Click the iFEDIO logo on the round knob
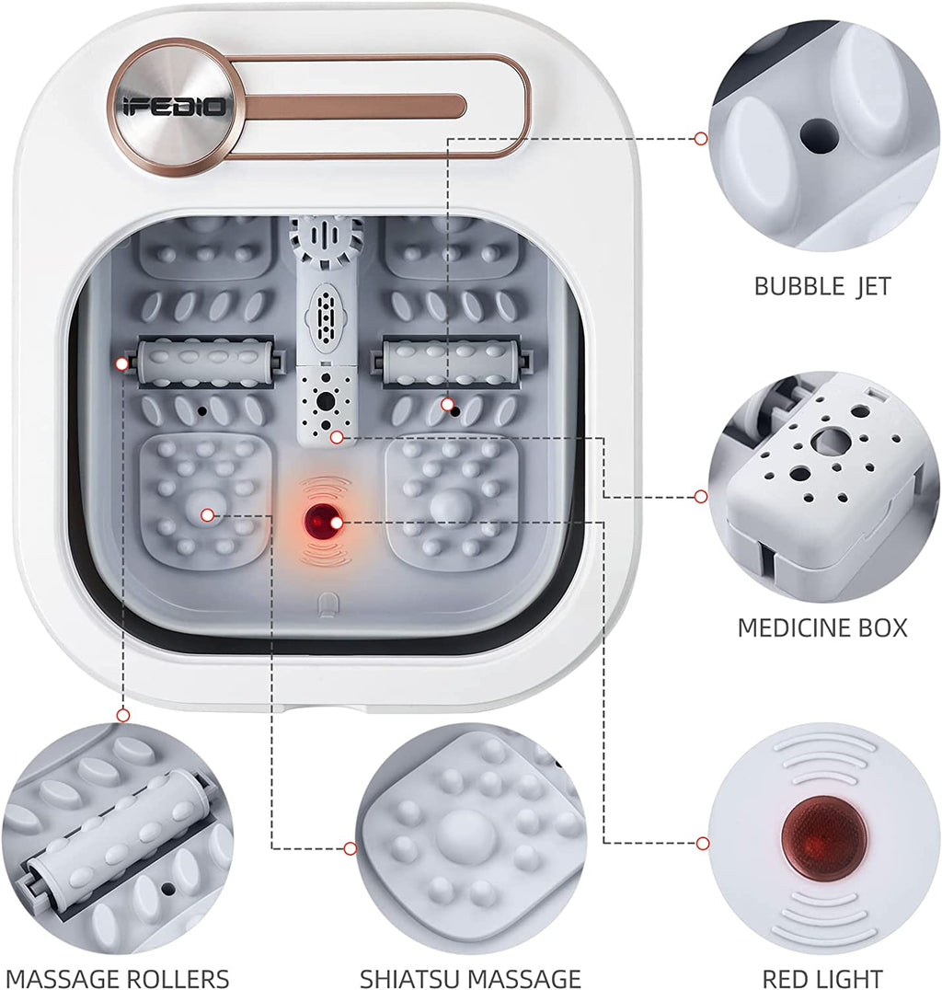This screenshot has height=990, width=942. [174, 106]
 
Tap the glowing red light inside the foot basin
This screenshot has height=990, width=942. [320, 522]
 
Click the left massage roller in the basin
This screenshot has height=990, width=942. [204, 363]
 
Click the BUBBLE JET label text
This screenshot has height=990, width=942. [822, 287]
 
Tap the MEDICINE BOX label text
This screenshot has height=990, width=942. [822, 627]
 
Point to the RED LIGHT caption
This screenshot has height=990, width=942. [822, 978]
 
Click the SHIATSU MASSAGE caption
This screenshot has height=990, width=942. [470, 978]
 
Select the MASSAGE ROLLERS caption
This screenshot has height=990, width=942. [118, 978]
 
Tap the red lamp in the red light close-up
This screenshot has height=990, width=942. [823, 837]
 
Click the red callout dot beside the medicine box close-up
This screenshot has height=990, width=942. [700, 497]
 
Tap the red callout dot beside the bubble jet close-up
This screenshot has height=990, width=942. [700, 138]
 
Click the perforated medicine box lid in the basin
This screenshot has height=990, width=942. [325, 405]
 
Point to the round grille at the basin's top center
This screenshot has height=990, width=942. [326, 240]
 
